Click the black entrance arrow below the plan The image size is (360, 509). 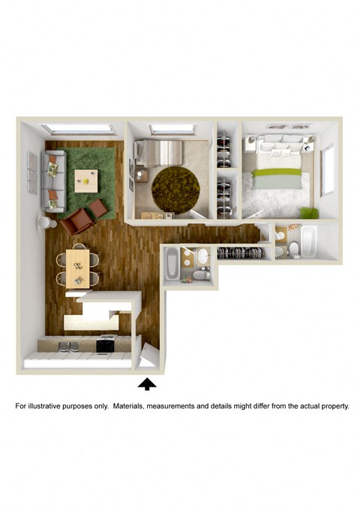click(x=148, y=384)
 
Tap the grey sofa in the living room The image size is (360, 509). click(x=54, y=180)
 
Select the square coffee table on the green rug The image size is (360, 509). click(x=86, y=178)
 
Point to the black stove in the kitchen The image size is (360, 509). click(x=105, y=346)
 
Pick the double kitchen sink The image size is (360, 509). click(x=68, y=346)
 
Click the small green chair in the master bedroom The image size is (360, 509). click(x=307, y=212)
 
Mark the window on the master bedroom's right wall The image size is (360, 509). click(x=327, y=169)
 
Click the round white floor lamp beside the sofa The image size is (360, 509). click(x=45, y=223)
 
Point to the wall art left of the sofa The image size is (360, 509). click(x=32, y=172)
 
